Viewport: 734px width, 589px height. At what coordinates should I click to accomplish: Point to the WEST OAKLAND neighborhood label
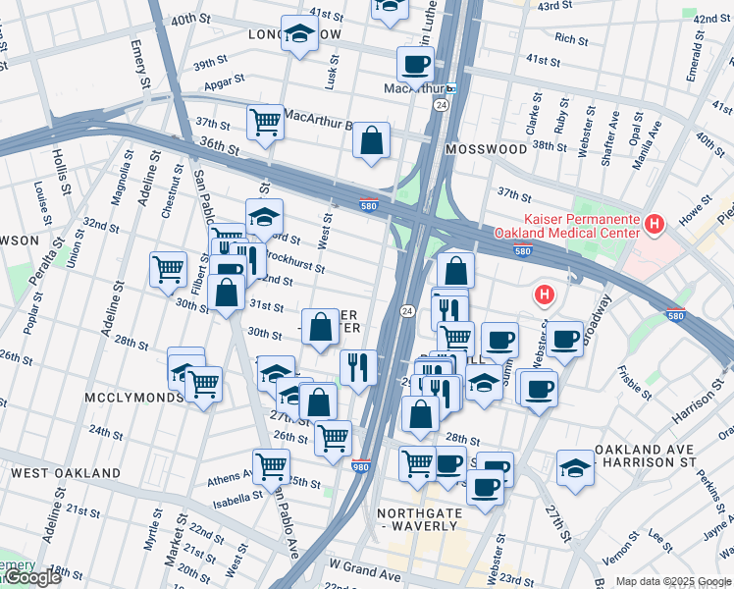point(65,473)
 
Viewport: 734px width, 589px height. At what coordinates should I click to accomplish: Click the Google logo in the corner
point(31,578)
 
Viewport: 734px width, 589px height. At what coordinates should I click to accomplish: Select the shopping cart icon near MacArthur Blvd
point(266,123)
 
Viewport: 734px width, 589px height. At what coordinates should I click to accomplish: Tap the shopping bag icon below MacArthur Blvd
point(372,140)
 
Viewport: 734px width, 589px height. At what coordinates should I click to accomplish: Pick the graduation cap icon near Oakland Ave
point(575,467)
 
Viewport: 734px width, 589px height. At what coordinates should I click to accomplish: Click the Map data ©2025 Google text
point(673,581)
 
